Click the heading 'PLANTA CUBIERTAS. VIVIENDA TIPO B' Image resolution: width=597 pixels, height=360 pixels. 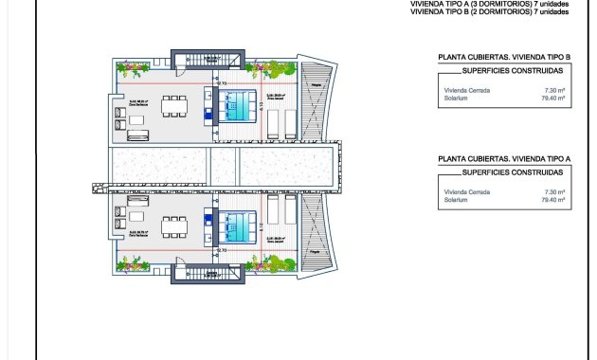pos(503,58)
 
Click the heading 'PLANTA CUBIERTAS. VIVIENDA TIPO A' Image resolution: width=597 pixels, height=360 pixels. pos(503,160)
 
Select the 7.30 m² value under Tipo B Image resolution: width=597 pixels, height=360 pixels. pos(555,88)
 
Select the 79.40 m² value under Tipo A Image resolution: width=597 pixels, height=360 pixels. pos(553,200)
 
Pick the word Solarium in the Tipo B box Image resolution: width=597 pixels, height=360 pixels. pos(457,96)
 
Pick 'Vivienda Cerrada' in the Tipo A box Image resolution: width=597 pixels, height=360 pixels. pos(465,192)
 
